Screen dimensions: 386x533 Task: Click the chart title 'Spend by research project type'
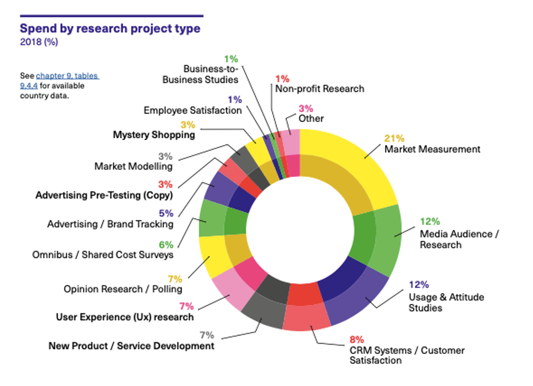tap(110, 28)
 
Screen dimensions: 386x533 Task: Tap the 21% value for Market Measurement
tap(394, 138)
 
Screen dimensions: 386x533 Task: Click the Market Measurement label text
tap(432, 149)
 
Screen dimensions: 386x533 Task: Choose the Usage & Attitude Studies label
tap(446, 303)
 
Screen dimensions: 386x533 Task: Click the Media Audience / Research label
tap(455, 239)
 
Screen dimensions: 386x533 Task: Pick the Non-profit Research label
tap(320, 88)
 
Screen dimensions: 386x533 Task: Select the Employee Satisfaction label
tap(192, 111)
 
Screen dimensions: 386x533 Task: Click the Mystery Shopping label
tap(154, 135)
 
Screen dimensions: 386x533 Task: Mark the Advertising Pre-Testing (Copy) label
tap(104, 195)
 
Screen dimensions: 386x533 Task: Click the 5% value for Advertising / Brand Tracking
tap(167, 213)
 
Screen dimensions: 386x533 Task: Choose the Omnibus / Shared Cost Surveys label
tap(102, 254)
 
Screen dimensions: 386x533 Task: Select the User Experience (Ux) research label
tap(124, 317)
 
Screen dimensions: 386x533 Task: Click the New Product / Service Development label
tap(131, 346)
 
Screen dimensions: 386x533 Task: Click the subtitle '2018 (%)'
tap(39, 42)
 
